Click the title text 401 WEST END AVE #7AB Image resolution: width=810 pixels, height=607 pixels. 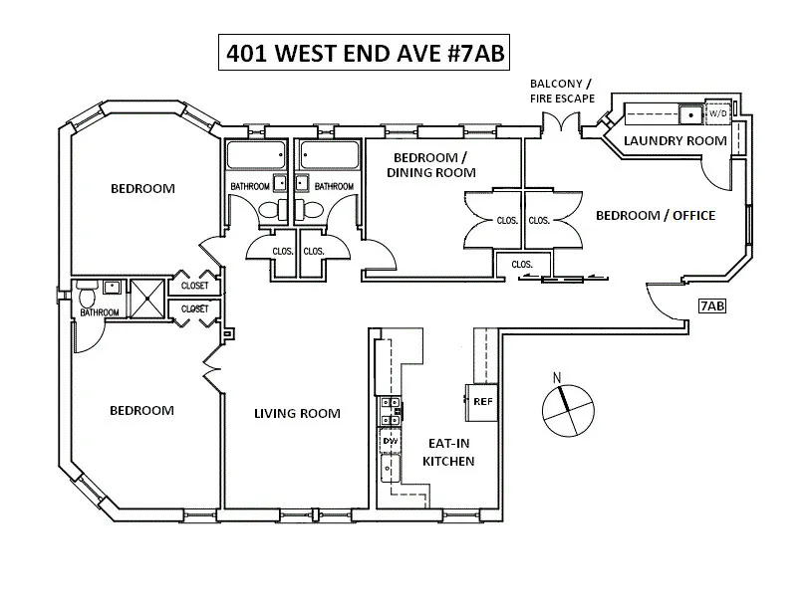pyautogui.click(x=366, y=53)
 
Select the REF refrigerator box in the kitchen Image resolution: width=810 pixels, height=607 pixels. pyautogui.click(x=483, y=401)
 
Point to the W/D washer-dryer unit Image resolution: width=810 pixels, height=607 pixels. pyautogui.click(x=717, y=112)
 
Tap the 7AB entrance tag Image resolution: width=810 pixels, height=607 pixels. pyautogui.click(x=711, y=305)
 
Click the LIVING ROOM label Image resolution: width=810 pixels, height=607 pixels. pyautogui.click(x=297, y=414)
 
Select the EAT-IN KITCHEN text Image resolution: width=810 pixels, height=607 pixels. pyautogui.click(x=448, y=452)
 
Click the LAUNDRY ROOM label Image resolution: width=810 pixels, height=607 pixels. pyautogui.click(x=675, y=140)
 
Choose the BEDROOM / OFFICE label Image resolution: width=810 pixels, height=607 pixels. pyautogui.click(x=655, y=215)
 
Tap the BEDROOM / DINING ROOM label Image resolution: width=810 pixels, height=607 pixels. pyautogui.click(x=432, y=165)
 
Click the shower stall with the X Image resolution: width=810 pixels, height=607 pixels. pyautogui.click(x=147, y=296)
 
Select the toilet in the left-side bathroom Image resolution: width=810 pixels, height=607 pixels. pyautogui.click(x=88, y=296)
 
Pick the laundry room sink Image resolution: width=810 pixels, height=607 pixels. pyautogui.click(x=687, y=112)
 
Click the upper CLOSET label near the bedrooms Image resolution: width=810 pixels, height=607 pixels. pyautogui.click(x=195, y=286)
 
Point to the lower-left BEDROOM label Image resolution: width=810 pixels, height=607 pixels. pyautogui.click(x=141, y=410)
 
